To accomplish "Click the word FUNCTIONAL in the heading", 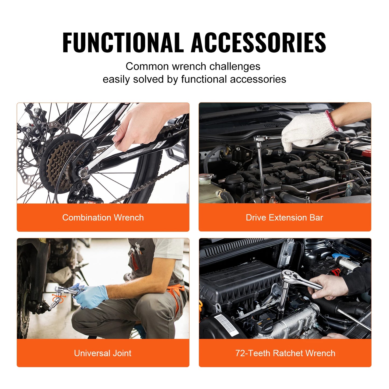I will (122, 42).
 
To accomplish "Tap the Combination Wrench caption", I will (103, 218).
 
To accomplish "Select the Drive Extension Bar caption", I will (284, 218).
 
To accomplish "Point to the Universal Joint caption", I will (103, 353).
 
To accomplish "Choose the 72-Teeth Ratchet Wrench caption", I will (285, 353).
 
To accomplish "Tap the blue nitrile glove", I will (92, 296).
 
